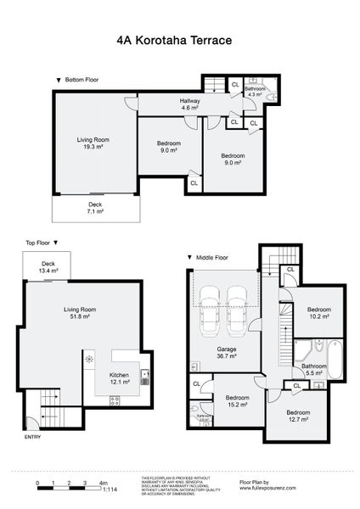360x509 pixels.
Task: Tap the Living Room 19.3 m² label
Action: pos(94,143)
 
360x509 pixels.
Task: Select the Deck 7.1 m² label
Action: pos(95,207)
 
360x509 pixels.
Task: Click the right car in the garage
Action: pos(238,310)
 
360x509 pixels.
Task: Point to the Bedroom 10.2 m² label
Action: pos(318,313)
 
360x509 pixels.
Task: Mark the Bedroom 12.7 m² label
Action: pos(298,416)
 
